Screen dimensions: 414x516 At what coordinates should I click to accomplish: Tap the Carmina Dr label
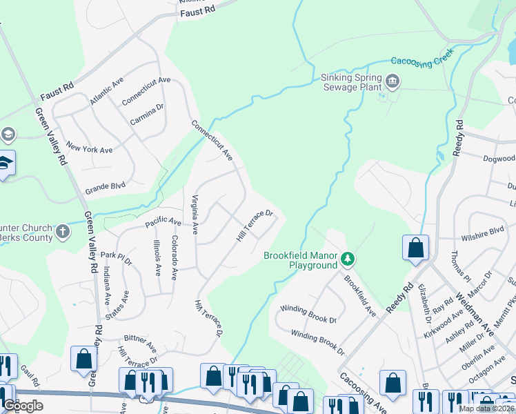coord(147,115)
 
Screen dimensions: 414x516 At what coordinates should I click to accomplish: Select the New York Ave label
coord(89,149)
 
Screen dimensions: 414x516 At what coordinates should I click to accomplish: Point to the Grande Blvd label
coord(105,186)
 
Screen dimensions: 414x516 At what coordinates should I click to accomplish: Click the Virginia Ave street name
coord(195,214)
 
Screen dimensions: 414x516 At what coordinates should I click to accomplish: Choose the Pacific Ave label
coord(163,223)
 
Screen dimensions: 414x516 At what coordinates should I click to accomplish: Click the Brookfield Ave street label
coord(359,296)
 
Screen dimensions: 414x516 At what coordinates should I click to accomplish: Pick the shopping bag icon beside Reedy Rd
coord(415,248)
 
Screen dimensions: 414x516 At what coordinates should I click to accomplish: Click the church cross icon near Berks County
coord(63,230)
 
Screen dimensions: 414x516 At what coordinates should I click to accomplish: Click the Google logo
coord(23,405)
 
